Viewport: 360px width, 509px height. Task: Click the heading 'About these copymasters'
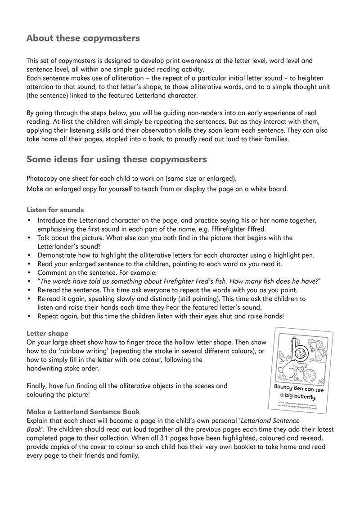pyautogui.click(x=83, y=38)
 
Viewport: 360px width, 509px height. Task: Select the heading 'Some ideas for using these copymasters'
pyautogui.click(x=117, y=159)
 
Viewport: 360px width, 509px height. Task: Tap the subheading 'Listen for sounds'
pyautogui.click(x=55, y=210)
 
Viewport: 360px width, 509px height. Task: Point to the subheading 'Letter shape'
pyautogui.click(x=47, y=334)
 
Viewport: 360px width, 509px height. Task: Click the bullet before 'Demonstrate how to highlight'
pyautogui.click(x=30, y=255)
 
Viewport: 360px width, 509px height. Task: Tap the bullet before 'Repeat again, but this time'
pyautogui.click(x=30, y=316)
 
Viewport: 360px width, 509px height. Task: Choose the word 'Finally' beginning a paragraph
pyautogui.click(x=37, y=385)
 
